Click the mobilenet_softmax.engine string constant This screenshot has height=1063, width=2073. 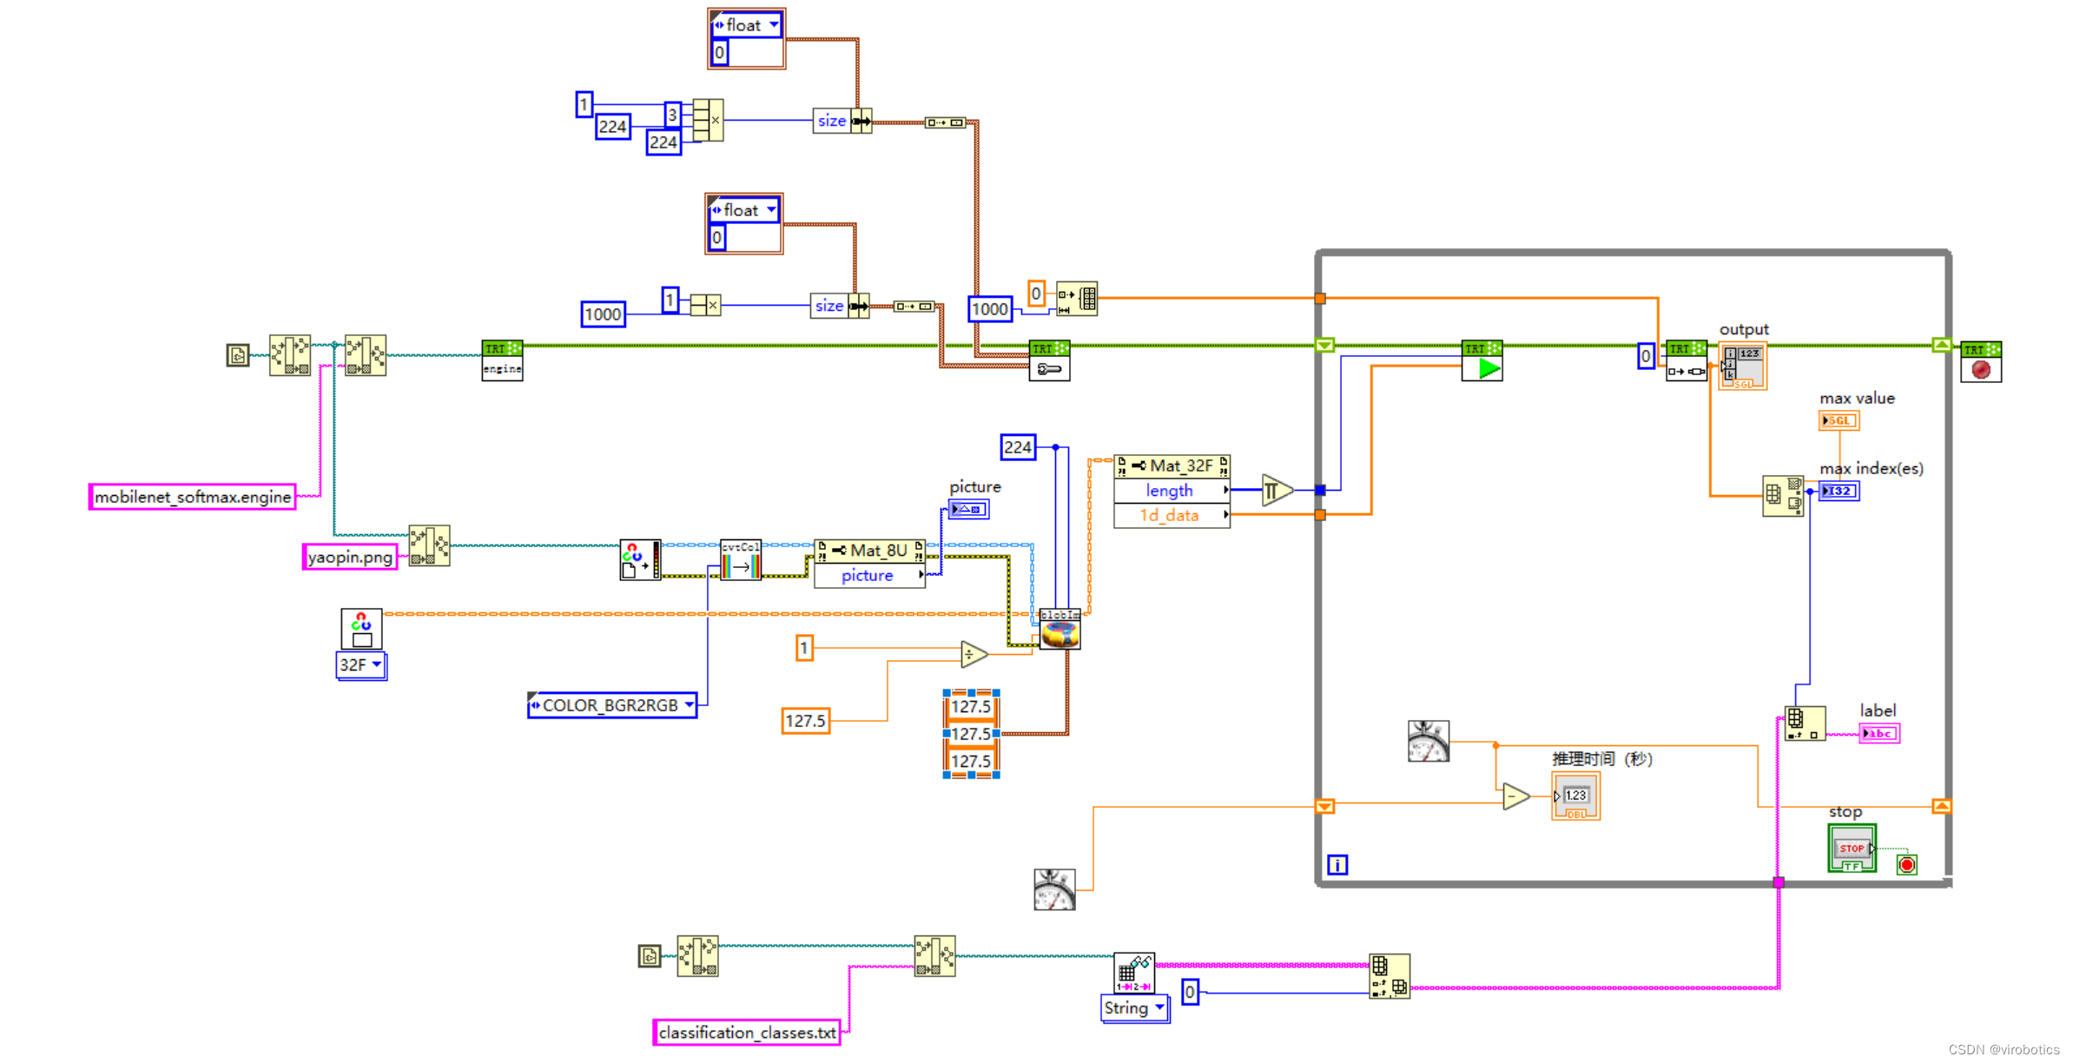[192, 497]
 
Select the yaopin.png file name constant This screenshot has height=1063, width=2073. [349, 557]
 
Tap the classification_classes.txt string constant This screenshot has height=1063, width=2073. [746, 1033]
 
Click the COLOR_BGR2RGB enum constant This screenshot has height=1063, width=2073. [611, 705]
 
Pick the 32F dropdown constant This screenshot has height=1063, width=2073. [360, 665]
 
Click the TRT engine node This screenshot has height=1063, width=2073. [502, 360]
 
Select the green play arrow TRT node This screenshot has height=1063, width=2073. [1482, 360]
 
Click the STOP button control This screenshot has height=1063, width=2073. [1851, 848]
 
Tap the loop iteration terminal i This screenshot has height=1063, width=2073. [1337, 865]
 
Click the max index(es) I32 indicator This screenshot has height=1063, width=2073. [1839, 492]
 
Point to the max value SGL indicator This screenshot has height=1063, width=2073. [1838, 421]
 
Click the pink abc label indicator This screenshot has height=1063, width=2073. [1878, 734]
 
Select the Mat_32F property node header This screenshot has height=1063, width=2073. [1172, 466]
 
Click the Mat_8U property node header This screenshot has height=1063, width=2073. [869, 551]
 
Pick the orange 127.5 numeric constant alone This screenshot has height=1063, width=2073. [805, 721]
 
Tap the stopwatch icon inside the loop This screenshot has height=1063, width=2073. [1428, 742]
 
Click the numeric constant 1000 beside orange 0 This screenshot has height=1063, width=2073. [989, 309]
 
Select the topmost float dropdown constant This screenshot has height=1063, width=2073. [746, 25]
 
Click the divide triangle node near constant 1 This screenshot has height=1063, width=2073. [973, 654]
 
